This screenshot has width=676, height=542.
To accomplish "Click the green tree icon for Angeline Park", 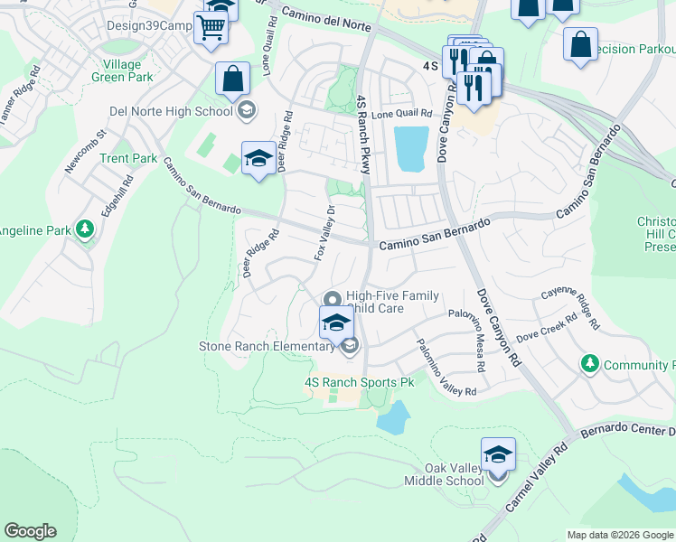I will (x=85, y=229).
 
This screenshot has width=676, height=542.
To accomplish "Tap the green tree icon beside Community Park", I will (x=590, y=363).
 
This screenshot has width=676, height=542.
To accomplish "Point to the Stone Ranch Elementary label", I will (x=267, y=346).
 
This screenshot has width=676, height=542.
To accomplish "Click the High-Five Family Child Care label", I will (x=393, y=302).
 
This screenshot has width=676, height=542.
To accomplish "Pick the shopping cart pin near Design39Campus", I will (x=211, y=27).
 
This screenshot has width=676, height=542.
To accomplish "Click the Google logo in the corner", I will (x=30, y=531).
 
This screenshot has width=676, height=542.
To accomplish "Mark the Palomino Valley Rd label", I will (x=445, y=368).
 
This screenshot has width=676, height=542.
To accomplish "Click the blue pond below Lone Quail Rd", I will (x=410, y=148).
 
